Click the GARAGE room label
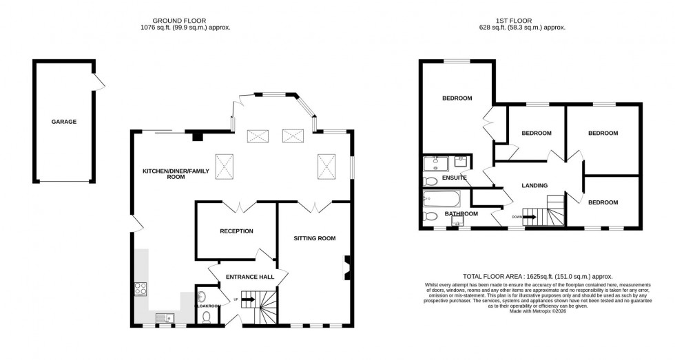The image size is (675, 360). pos(64,122)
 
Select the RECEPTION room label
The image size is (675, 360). pos(236,231)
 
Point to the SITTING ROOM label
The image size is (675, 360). pos(314,238)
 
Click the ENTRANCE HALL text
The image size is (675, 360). pos(245,277)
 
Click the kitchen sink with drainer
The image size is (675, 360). pos(165,317)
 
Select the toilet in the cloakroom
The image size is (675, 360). pos(207,317)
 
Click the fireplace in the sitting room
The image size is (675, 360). pos(347,267)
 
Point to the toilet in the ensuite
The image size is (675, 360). pos(430,181)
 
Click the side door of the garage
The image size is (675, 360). pos(101,83)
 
